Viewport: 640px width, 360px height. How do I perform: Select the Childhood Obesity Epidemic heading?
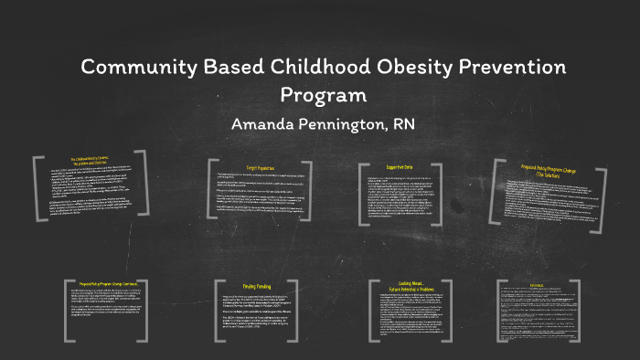coord(91,163)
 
